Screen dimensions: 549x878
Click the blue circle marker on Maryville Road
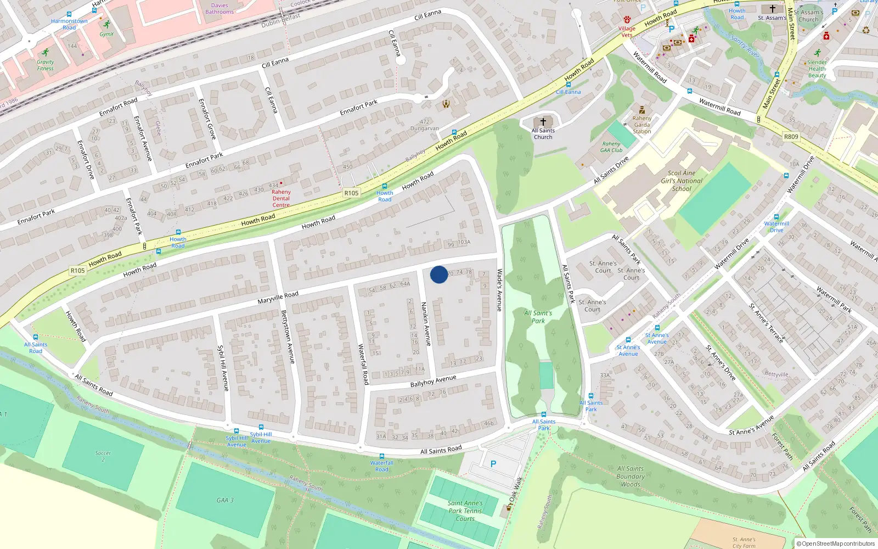tap(438, 274)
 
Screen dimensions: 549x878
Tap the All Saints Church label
tap(543, 133)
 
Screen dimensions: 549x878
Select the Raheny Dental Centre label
tap(281, 198)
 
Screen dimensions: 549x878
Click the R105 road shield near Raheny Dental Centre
tap(351, 193)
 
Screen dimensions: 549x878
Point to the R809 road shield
tap(791, 137)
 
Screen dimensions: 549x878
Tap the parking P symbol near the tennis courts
tap(493, 464)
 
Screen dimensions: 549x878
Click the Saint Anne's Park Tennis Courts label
tap(465, 511)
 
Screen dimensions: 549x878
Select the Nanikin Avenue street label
tap(426, 324)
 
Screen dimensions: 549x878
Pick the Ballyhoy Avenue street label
tap(433, 381)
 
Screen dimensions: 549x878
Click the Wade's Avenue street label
tap(499, 290)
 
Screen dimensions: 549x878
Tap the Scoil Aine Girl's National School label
tap(682, 181)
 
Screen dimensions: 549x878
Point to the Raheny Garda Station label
tap(642, 125)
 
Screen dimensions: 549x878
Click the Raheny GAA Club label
tap(611, 147)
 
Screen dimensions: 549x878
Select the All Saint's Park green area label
tap(538, 317)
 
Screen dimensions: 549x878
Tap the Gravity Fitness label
tap(46, 65)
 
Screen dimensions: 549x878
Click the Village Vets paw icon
tap(627, 19)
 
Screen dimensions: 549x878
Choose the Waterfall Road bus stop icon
tap(382, 456)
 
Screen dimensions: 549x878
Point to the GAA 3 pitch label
tap(225, 500)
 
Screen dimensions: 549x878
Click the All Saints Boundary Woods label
tap(631, 476)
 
